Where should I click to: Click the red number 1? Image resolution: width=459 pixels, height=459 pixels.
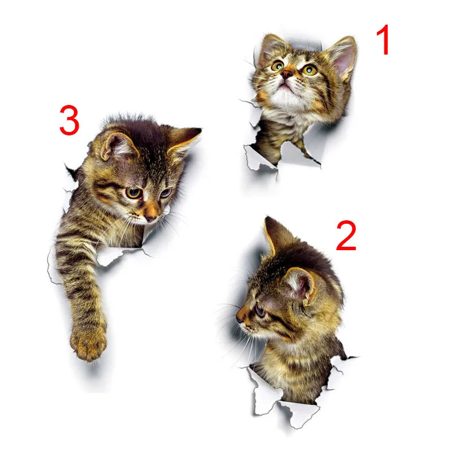tap(383, 41)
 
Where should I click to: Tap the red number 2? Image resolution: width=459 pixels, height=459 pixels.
tap(347, 236)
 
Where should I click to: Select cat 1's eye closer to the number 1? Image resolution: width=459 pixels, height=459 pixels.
tap(310, 70)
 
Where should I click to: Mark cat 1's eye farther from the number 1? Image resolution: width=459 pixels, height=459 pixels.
tap(278, 66)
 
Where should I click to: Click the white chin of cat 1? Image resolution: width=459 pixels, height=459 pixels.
tap(287, 98)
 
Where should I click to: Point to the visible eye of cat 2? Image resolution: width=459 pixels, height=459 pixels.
tap(260, 311)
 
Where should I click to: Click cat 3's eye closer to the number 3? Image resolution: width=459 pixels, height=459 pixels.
tap(133, 193)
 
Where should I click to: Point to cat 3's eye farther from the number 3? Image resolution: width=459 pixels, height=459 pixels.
tap(165, 193)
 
